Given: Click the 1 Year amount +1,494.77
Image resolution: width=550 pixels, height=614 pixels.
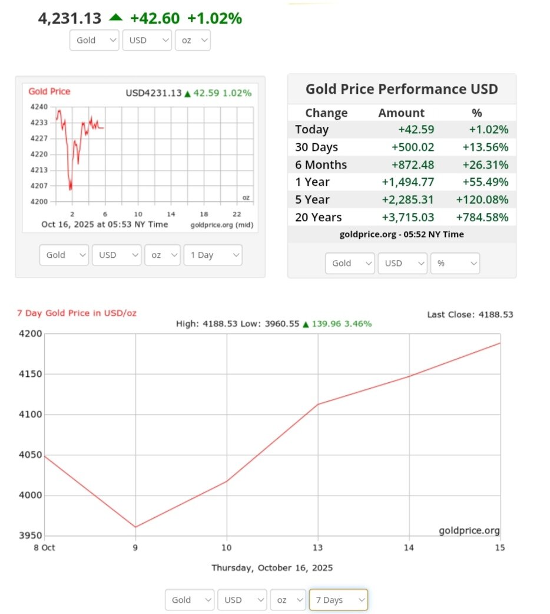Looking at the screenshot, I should pos(405,182).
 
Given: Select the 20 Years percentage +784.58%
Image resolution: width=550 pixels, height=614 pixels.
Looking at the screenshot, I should pos(482,218).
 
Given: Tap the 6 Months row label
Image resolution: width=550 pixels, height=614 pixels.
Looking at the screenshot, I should pos(321,165).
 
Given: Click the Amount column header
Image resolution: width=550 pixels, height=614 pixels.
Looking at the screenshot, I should pos(401,113).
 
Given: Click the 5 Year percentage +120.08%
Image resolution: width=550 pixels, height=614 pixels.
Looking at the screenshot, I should pos(482,200).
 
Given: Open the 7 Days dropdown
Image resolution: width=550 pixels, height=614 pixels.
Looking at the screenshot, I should pos(338,600).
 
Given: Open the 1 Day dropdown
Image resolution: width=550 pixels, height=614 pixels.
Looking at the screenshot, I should pos(213,255).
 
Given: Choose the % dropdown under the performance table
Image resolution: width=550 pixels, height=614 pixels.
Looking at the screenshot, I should pos(455,264).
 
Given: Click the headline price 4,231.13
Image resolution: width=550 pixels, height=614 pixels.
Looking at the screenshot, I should pos(70,19).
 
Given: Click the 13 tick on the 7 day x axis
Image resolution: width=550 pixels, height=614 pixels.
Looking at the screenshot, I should pos(318,548).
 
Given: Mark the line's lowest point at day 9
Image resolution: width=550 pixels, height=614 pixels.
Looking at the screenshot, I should pos(136,527).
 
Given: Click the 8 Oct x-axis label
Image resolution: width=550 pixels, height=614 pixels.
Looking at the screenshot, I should pos(45,548).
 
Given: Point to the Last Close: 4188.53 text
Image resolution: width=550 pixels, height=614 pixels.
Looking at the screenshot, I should pos(470,315).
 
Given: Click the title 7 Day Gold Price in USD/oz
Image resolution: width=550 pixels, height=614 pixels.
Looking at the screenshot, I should pos(77,313).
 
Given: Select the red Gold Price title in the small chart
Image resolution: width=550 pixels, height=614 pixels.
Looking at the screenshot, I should pos(49,91).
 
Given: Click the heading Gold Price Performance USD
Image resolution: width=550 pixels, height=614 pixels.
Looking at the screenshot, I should pos(402,89).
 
